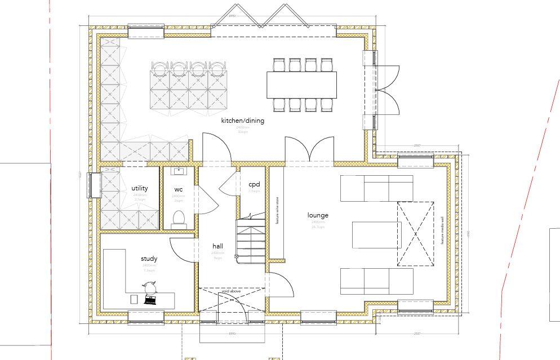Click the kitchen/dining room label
coord(242,121)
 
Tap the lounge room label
coord(318,215)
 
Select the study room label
coord(149,259)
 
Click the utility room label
coord(140,188)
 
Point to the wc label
coord(179,189)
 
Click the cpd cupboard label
coord(254,184)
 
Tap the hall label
coord(218,246)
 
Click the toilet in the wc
coord(179,219)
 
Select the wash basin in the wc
coord(179,171)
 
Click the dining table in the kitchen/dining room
coord(301,85)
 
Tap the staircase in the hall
coord(250,237)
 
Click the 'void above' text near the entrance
coord(231,291)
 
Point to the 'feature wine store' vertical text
coord(277,211)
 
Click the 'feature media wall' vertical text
coord(443,229)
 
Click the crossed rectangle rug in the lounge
coord(416,233)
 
